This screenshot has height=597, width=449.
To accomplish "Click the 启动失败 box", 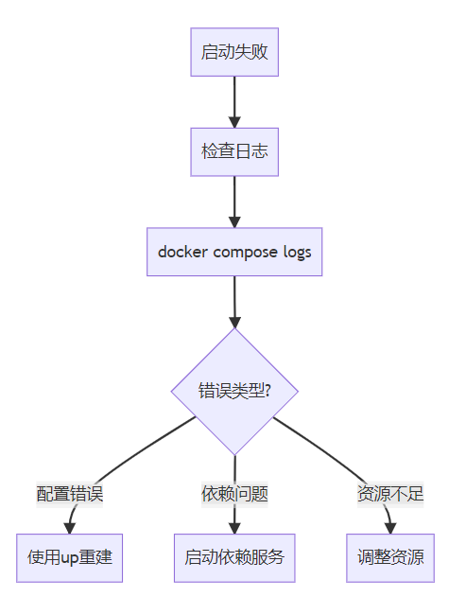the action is coord(234,52).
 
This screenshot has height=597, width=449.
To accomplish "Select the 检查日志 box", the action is coord(234,152).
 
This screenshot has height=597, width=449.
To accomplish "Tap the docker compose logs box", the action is coord(234,252).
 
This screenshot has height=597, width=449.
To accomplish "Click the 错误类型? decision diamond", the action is coord(234,392).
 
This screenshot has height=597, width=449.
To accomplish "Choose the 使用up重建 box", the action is coord(69,558).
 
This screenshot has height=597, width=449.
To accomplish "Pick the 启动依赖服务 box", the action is coord(234,558).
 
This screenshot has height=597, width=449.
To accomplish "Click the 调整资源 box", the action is coord(390,558).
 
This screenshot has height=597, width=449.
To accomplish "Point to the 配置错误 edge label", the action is coord(70,494).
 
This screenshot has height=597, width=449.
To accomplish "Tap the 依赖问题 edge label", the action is coord(234,494).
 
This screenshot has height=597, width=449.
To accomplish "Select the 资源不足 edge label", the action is coord(390,494).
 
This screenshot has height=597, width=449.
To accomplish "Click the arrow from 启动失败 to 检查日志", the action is coord(234,102).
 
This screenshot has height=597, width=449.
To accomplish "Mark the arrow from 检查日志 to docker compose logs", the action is coord(234,202).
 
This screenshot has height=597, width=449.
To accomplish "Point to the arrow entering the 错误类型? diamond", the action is coord(234,302).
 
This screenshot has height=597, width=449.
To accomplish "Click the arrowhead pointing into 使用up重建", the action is coord(69,528).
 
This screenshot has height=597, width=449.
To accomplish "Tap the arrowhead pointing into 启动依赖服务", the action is coord(234,528).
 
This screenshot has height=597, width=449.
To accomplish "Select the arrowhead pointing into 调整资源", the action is coord(390,528).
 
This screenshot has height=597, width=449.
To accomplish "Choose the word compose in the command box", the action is coord(246,254).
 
